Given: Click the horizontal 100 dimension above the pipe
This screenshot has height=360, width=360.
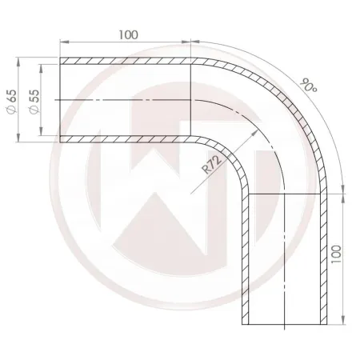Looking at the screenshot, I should pos(126,34).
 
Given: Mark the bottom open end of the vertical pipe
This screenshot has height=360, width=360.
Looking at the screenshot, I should pos(285,325).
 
